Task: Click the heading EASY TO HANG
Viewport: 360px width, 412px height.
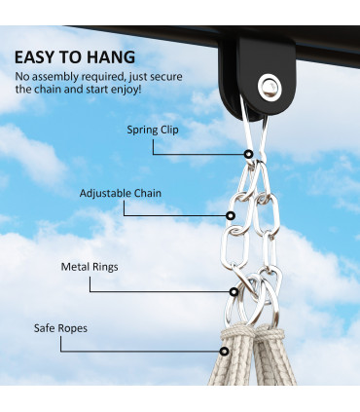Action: (75, 57)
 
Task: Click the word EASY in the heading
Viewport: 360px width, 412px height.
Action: (38, 57)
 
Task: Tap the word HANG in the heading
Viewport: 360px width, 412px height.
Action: (109, 57)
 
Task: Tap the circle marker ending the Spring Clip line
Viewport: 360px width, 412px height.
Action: (249, 153)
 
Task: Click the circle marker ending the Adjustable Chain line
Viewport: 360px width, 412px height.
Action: (232, 215)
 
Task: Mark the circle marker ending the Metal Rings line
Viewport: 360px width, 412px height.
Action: (234, 290)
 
